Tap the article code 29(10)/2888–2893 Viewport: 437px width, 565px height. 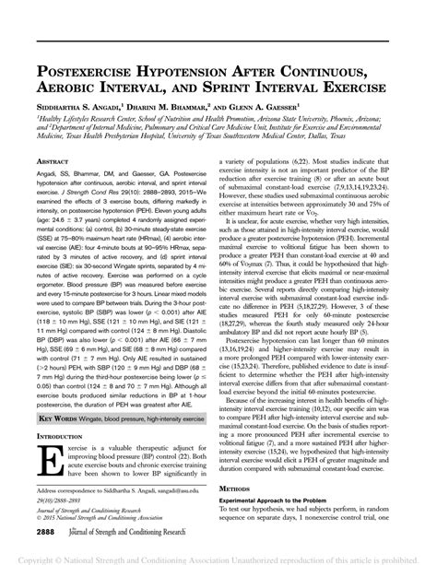[x=62, y=504]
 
